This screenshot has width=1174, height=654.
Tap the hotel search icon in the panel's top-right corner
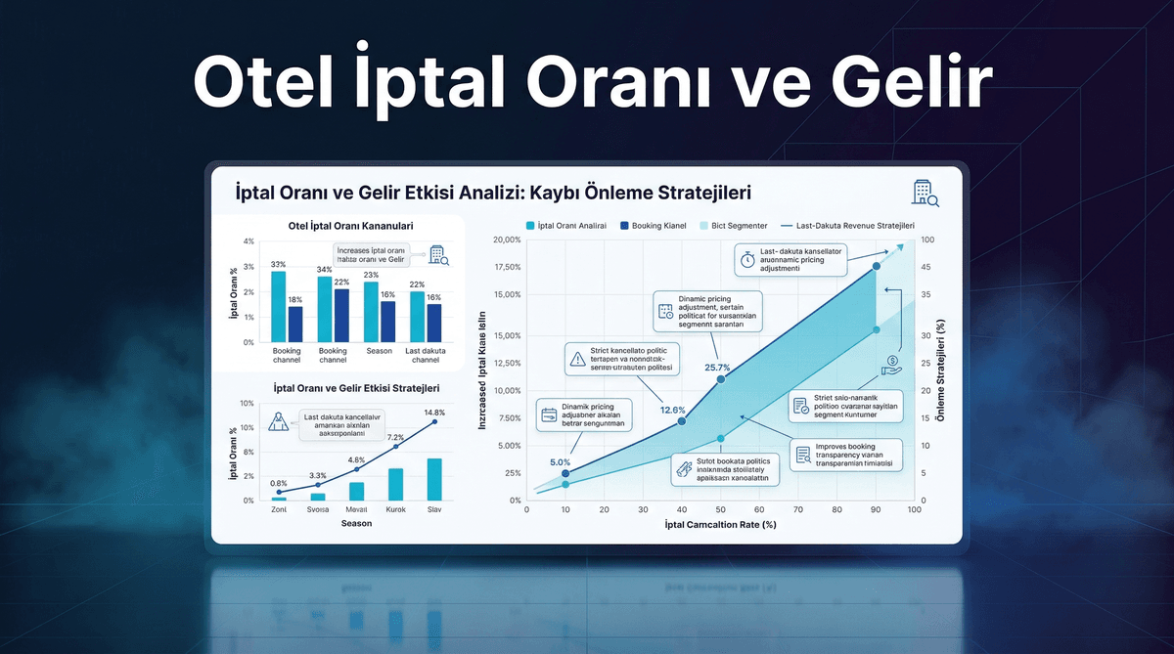click(x=925, y=193)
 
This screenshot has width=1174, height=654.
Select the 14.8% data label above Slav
click(x=433, y=413)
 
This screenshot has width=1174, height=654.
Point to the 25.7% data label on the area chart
click(x=719, y=368)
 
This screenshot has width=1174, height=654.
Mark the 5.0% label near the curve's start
click(x=560, y=462)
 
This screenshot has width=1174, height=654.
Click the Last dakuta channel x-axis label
click(x=426, y=355)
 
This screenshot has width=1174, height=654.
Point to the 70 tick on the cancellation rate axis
click(x=797, y=509)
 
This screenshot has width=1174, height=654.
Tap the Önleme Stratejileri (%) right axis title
click(x=941, y=372)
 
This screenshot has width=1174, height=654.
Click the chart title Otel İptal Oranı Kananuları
click(x=349, y=226)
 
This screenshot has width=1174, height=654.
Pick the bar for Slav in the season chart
click(x=434, y=479)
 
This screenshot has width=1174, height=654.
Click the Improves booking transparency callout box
click(x=847, y=457)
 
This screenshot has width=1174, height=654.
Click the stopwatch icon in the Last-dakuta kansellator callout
click(x=746, y=260)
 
